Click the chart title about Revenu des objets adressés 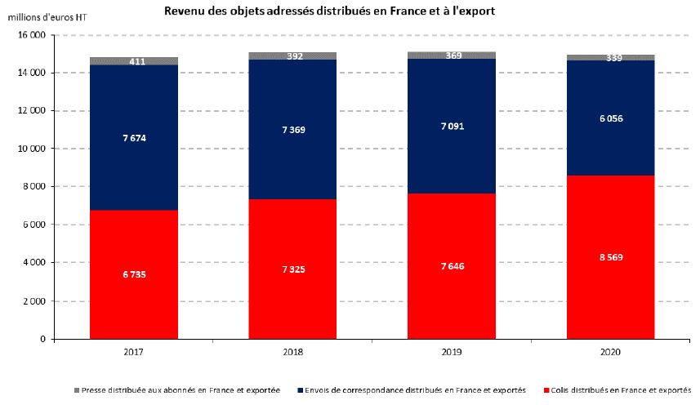(329, 11)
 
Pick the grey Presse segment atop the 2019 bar (451, 55)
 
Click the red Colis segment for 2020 (610, 286)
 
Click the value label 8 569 (610, 257)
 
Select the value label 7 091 (451, 127)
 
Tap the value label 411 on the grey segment (137, 61)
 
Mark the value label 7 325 (292, 269)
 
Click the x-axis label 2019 (451, 352)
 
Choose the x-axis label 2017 (134, 352)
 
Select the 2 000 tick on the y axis (30, 300)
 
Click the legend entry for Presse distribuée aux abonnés (181, 391)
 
